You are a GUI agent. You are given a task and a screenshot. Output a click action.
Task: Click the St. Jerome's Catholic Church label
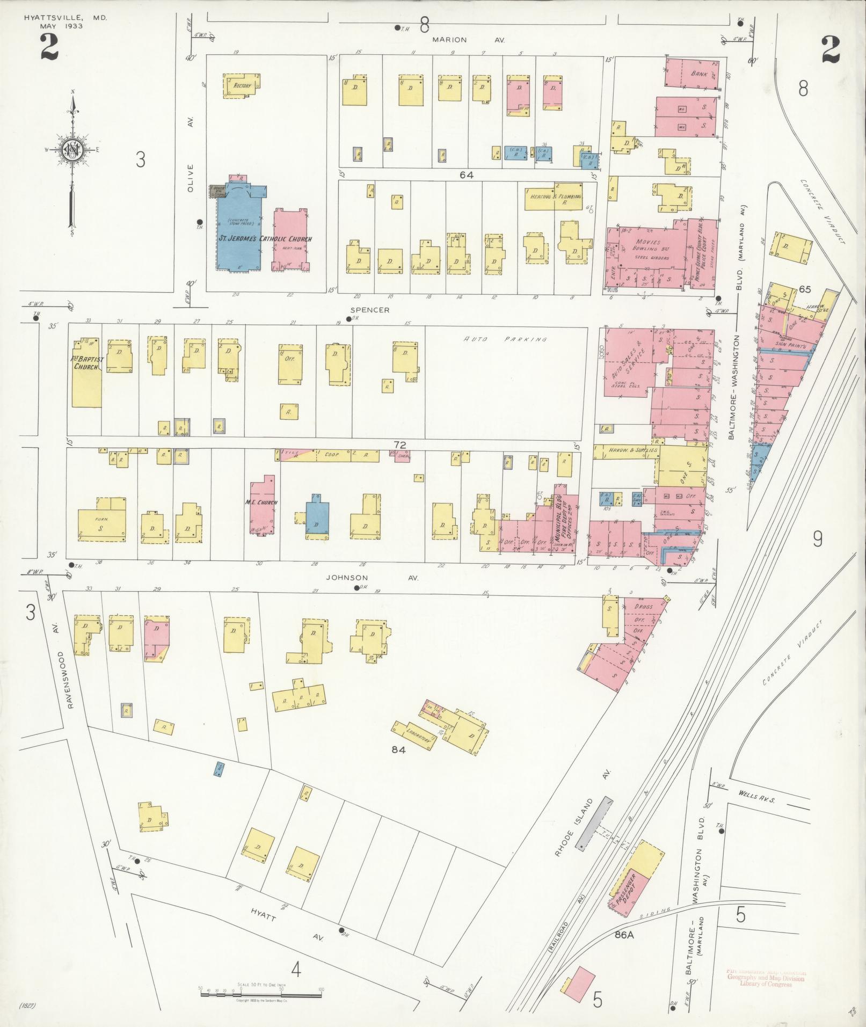264,239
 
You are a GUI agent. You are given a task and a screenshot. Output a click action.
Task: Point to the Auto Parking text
505,339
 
